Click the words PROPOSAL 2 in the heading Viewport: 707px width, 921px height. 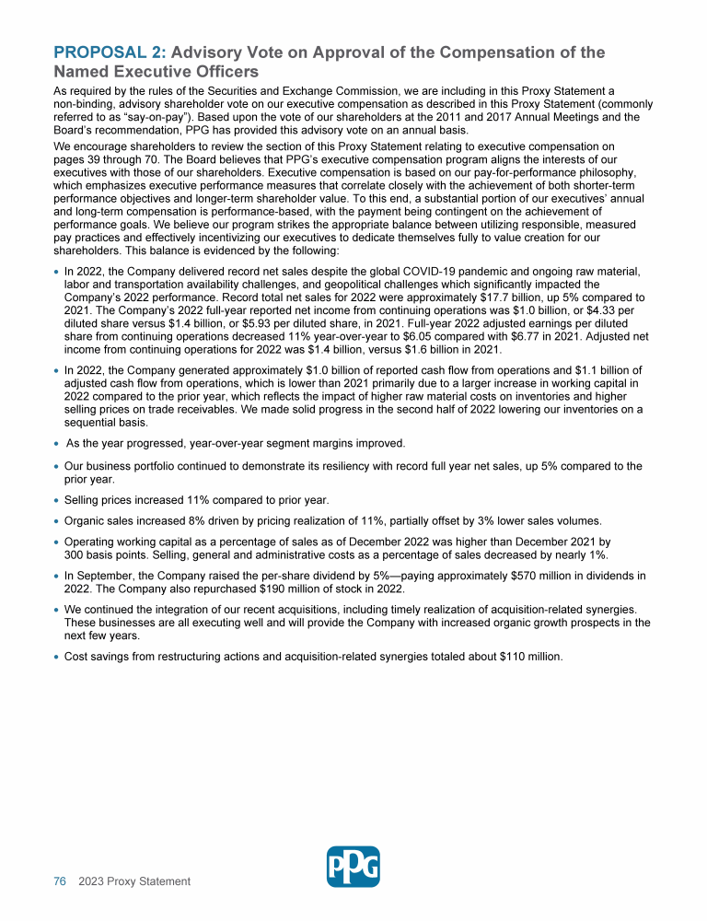(110, 52)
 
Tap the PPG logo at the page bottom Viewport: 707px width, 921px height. (353, 867)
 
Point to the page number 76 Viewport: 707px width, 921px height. (60, 881)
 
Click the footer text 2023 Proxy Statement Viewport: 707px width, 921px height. (134, 881)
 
